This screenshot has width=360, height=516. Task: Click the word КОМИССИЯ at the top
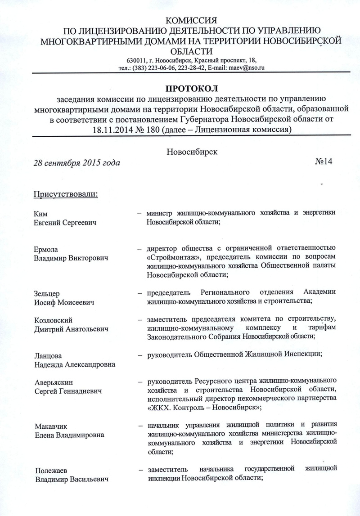click(192, 20)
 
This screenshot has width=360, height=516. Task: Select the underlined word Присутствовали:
click(66, 194)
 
